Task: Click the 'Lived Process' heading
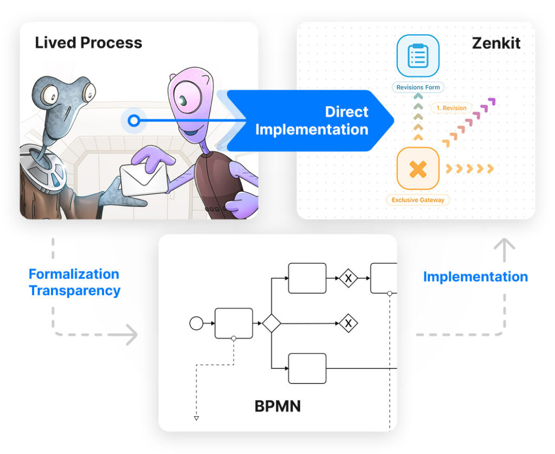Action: point(88,43)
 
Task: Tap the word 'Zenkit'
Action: point(495,43)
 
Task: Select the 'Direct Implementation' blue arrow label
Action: point(312,121)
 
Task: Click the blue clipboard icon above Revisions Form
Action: point(417,56)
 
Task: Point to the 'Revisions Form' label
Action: point(418,87)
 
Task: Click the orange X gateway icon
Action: point(417,169)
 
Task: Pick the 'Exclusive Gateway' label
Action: point(418,200)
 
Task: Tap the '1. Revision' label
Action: point(451,108)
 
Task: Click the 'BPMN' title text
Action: point(277,405)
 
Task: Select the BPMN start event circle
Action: point(196,323)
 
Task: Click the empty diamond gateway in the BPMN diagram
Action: point(271,323)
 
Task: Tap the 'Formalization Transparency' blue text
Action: point(74,282)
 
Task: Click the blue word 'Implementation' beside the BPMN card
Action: point(475,277)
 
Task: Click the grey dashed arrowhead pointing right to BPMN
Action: point(130,334)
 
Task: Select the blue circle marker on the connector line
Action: point(134,121)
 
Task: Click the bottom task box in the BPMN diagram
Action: point(307,368)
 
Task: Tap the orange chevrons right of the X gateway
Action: point(469,169)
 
